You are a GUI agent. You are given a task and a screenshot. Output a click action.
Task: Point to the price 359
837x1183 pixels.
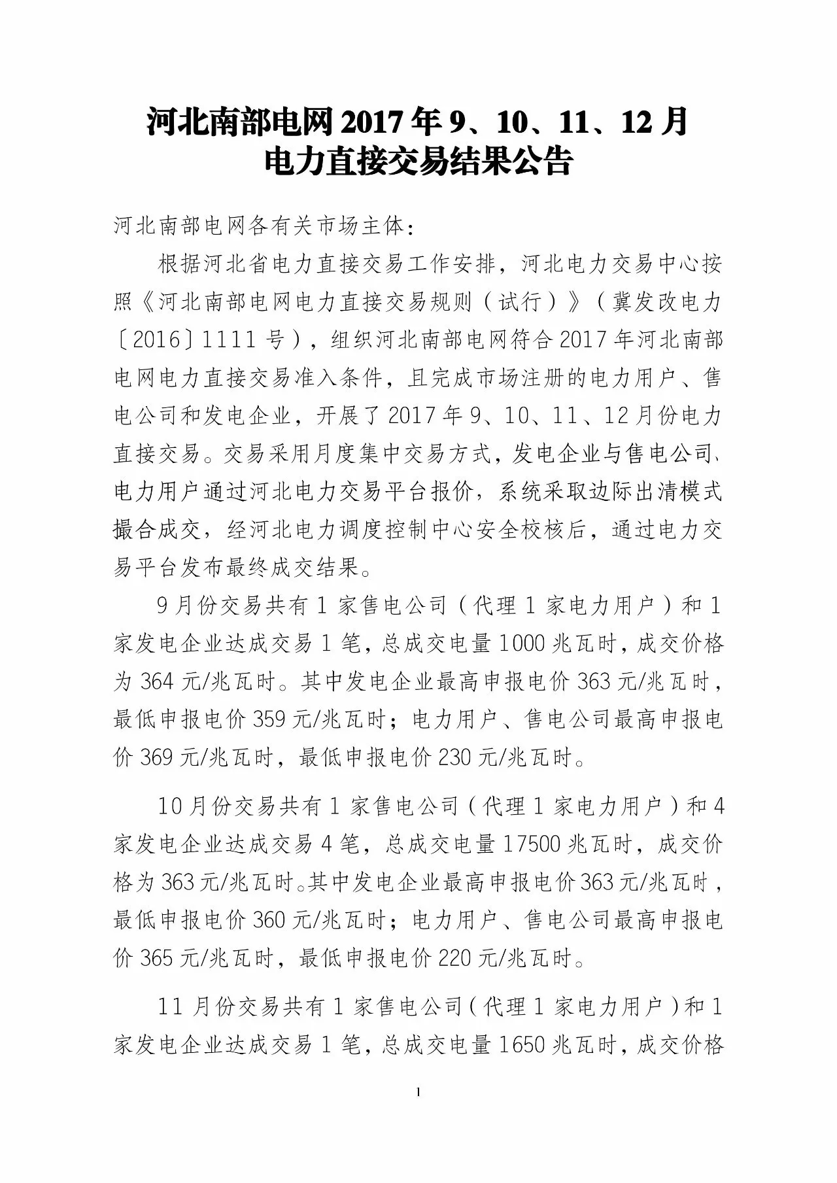(267, 720)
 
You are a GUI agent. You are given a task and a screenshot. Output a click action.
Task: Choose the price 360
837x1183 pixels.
(267, 920)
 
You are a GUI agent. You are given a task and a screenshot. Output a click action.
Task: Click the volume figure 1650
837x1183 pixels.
(521, 1044)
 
